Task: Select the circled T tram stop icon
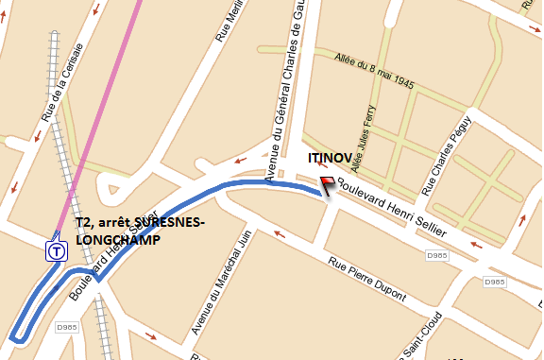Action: (58, 251)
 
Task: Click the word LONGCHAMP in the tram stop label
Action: (116, 240)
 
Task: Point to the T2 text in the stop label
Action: (84, 223)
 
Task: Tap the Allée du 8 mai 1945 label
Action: (374, 72)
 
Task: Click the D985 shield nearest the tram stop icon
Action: (65, 327)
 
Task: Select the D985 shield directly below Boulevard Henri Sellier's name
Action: (435, 255)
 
